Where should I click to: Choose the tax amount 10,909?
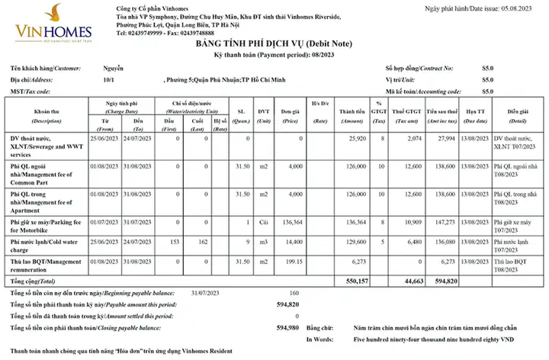[410, 223]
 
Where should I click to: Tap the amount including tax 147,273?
[444, 223]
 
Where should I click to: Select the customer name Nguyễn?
[113, 68]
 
